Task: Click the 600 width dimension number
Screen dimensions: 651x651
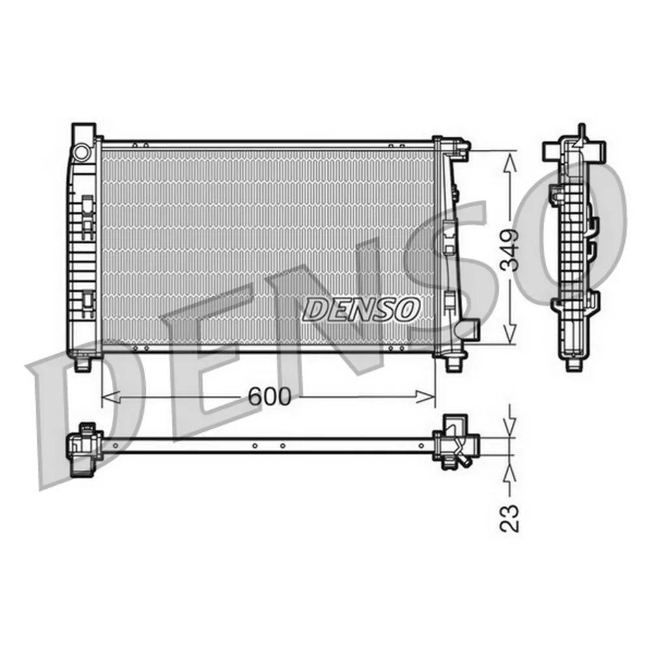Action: (270, 396)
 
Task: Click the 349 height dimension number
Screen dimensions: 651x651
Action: (510, 250)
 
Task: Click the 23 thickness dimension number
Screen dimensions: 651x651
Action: (510, 518)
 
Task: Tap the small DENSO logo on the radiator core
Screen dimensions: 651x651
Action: (361, 309)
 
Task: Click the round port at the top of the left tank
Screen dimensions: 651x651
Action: (81, 151)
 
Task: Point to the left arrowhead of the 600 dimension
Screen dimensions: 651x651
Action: (111, 397)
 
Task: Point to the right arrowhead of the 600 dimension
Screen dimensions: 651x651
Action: (426, 397)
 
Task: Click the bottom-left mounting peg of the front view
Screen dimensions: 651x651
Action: (83, 365)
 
